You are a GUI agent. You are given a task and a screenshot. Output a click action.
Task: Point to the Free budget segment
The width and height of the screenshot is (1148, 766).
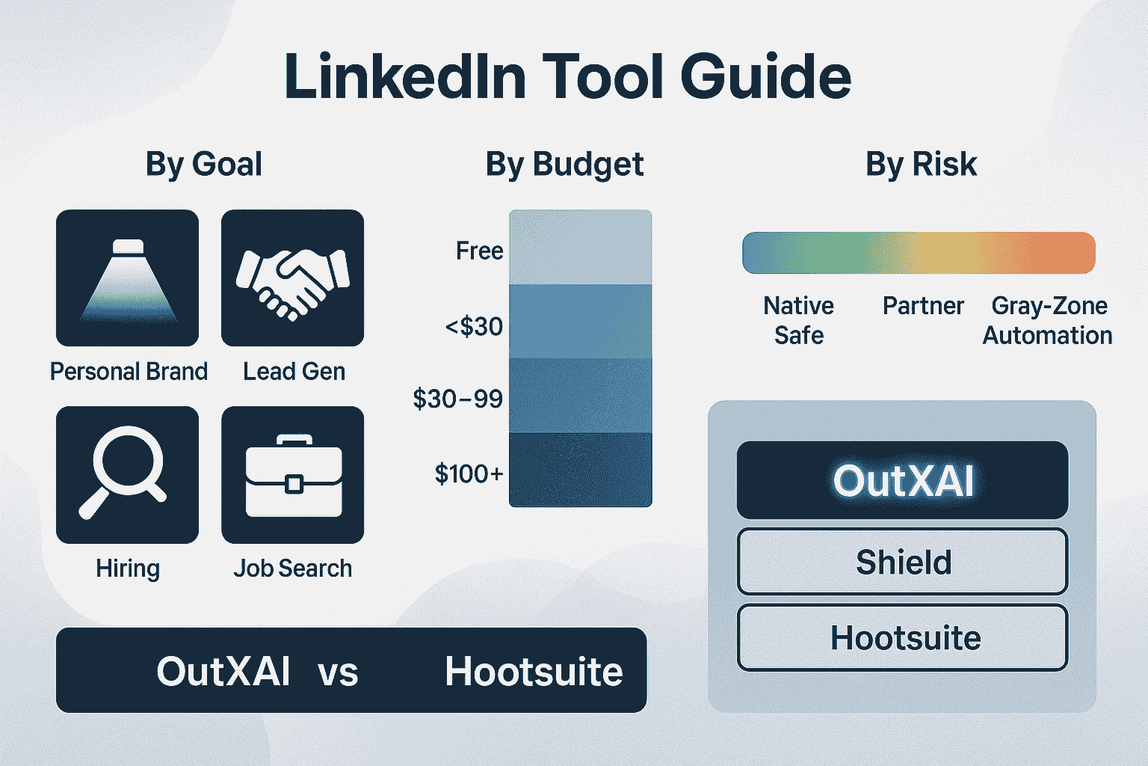(x=580, y=247)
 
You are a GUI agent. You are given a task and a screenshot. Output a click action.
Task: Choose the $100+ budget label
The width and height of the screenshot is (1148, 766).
(x=469, y=473)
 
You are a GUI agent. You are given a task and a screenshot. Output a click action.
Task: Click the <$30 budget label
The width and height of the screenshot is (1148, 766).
(x=474, y=326)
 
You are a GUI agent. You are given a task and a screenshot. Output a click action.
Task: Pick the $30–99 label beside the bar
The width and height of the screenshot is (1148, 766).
(x=457, y=399)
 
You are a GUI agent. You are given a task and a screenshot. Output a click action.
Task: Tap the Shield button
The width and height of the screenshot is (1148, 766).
(x=903, y=561)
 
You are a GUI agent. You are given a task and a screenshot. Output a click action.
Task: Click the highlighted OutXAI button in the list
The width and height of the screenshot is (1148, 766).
(x=903, y=480)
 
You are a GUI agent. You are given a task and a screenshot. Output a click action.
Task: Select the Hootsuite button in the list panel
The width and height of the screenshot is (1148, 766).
(x=903, y=638)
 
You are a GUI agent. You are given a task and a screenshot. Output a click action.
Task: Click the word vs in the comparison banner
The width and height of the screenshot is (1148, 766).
(x=338, y=672)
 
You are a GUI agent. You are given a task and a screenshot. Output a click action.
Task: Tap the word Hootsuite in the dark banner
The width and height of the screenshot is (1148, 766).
(x=534, y=671)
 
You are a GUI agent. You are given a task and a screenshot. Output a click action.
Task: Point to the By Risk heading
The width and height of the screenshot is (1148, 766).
(x=921, y=164)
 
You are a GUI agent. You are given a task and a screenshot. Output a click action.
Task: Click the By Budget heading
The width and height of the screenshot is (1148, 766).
(x=564, y=165)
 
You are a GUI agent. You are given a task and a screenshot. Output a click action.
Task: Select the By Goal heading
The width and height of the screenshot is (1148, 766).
(x=203, y=165)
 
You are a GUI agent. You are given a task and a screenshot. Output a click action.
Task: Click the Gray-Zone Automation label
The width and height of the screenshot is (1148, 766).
(x=1048, y=321)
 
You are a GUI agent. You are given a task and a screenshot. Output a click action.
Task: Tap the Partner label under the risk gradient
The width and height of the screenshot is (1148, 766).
(x=923, y=306)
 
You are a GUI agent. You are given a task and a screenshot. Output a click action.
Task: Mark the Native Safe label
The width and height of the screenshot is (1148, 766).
(x=798, y=321)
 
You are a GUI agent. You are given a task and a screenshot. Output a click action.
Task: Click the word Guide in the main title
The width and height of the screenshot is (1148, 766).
(x=765, y=77)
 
